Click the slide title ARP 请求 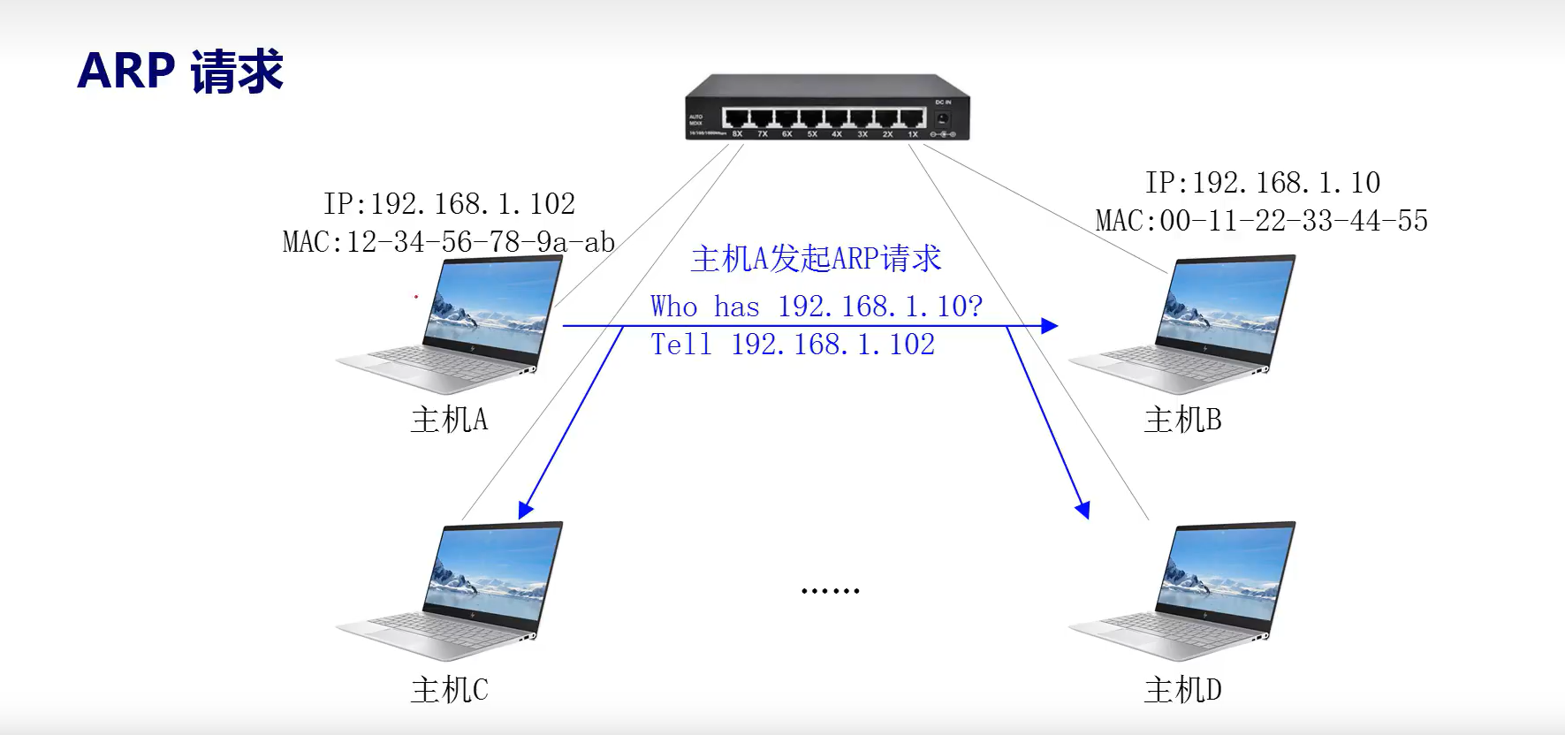180,71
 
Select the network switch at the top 827,108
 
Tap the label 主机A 449,420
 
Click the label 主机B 1182,420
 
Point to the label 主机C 449,690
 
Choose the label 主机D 1182,690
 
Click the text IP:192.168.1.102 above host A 449,204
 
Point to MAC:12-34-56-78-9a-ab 449,241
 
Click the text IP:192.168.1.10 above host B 1262,183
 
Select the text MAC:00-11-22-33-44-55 1262,221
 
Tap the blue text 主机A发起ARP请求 816,259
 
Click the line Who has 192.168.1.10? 816,307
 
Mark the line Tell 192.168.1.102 793,345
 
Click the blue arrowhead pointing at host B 1050,326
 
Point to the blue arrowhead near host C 525,510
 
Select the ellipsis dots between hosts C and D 830,590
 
